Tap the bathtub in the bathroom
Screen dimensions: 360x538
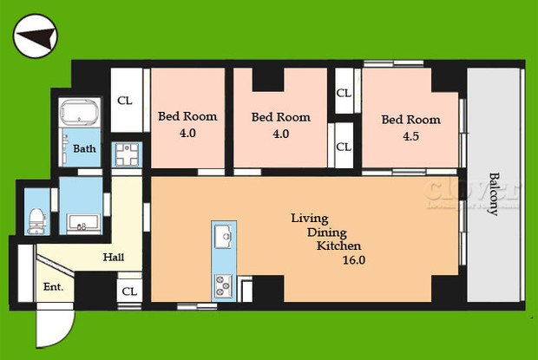(x=79, y=115)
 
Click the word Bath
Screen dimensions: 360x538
(x=84, y=149)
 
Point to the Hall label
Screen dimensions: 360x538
(x=113, y=257)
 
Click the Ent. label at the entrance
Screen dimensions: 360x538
(x=53, y=285)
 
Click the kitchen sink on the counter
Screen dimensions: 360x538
(x=222, y=234)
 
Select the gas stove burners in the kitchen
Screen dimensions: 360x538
(x=222, y=284)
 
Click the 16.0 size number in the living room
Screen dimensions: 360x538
(x=354, y=259)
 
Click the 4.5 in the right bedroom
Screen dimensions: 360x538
(x=410, y=135)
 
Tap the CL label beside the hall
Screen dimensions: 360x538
(x=129, y=291)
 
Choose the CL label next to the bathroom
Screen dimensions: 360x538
(x=126, y=100)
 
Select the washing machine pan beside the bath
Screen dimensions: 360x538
(x=128, y=154)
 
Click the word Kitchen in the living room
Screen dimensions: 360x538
(x=338, y=245)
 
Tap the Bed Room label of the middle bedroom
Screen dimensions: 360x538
(x=280, y=117)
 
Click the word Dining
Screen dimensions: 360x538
(x=327, y=232)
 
